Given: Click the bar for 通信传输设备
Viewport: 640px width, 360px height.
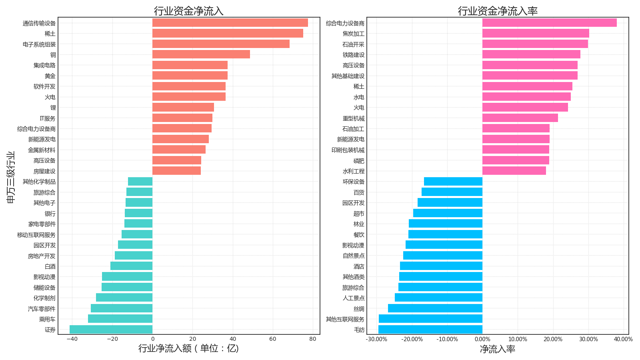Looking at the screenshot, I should tap(230, 23).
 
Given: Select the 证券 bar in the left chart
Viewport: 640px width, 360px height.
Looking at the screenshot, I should tap(111, 330).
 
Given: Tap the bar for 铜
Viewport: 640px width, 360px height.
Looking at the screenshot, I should tap(201, 54).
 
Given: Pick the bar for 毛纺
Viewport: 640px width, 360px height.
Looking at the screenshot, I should tap(430, 330).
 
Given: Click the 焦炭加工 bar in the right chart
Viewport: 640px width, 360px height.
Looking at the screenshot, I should tap(536, 34).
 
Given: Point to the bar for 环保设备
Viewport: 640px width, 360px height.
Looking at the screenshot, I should tap(453, 182).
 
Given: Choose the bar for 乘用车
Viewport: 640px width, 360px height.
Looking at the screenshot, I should tap(120, 319).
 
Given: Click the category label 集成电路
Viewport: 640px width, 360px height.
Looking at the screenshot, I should tap(44, 65).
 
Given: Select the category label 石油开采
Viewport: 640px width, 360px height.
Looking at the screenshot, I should tap(353, 44).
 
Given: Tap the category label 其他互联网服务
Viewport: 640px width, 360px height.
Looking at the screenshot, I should tap(345, 319).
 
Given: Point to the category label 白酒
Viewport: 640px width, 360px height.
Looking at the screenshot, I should tap(50, 266).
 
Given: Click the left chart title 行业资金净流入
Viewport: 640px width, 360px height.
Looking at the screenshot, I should tap(188, 11).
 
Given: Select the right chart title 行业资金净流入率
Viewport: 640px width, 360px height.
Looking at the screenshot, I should tap(497, 11).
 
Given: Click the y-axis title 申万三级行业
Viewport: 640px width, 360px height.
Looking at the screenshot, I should tap(11, 177).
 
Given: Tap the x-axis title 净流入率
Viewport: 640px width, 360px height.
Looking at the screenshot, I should tap(497, 349).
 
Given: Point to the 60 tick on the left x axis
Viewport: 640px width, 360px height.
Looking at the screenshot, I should tap(273, 339).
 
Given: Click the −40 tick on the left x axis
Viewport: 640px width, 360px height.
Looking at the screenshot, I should tap(72, 339).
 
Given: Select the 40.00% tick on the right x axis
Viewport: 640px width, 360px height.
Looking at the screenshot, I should tap(623, 339).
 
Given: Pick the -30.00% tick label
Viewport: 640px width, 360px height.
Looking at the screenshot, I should tap(376, 339).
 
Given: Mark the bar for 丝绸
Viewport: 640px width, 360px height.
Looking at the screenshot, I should tap(435, 308).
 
